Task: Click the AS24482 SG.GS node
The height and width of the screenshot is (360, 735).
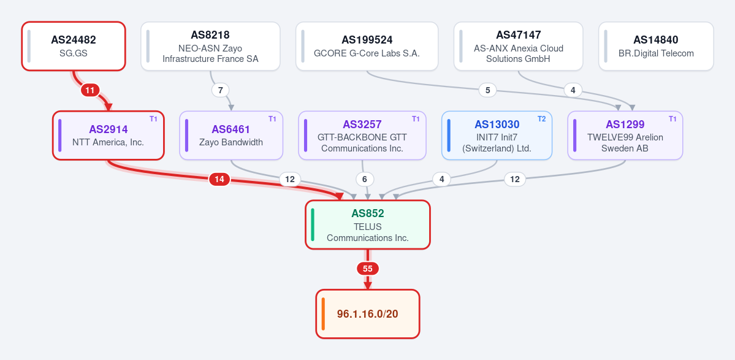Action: tap(74, 46)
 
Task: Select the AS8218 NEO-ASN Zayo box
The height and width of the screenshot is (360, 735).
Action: tap(210, 46)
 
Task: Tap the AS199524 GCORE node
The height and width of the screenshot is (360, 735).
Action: tap(367, 46)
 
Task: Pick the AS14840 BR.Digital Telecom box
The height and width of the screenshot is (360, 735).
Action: tap(656, 46)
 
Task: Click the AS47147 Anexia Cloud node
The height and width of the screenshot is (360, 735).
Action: tap(519, 46)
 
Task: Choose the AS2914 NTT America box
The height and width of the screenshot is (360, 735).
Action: tap(109, 136)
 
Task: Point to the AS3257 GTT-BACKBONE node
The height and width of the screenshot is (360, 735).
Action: tap(362, 136)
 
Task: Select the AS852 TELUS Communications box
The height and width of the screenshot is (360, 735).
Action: tap(368, 224)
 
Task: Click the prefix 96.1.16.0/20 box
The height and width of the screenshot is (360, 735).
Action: tap(368, 313)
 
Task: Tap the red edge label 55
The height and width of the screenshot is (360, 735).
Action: tap(368, 269)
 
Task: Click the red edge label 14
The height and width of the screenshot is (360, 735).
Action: tap(219, 179)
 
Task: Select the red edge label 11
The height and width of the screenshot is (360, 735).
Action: tap(91, 90)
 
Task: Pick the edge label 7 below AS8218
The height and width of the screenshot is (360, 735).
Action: tap(220, 90)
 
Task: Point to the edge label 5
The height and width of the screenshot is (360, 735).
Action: tap(488, 90)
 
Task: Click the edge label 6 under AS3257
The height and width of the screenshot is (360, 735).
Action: tap(365, 179)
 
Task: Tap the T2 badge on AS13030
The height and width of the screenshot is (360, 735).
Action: tap(541, 119)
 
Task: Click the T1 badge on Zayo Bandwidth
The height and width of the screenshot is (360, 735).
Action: tap(272, 119)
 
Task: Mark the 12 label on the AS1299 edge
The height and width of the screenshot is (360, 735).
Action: tap(515, 179)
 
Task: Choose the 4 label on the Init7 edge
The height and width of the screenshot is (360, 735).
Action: tap(441, 179)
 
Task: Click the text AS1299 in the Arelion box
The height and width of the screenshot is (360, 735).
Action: tap(625, 124)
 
